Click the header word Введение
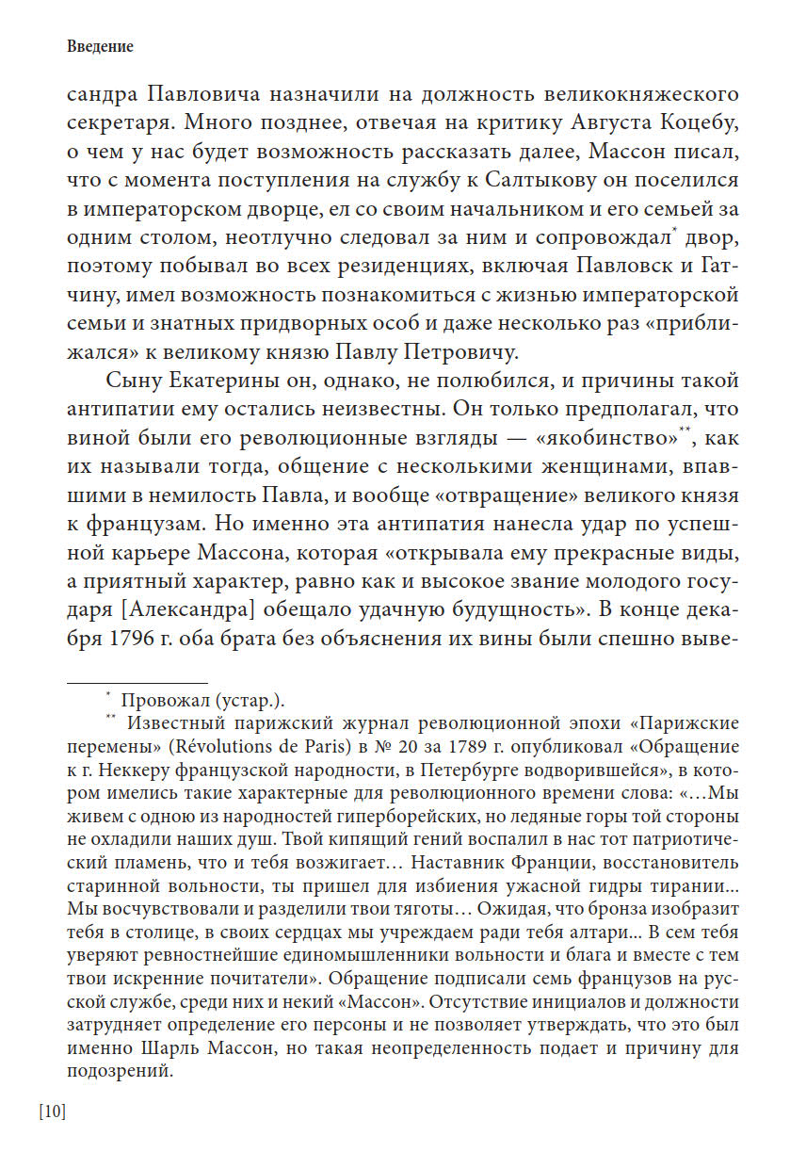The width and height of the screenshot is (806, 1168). [x=101, y=46]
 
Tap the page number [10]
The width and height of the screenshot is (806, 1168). [x=53, y=1111]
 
